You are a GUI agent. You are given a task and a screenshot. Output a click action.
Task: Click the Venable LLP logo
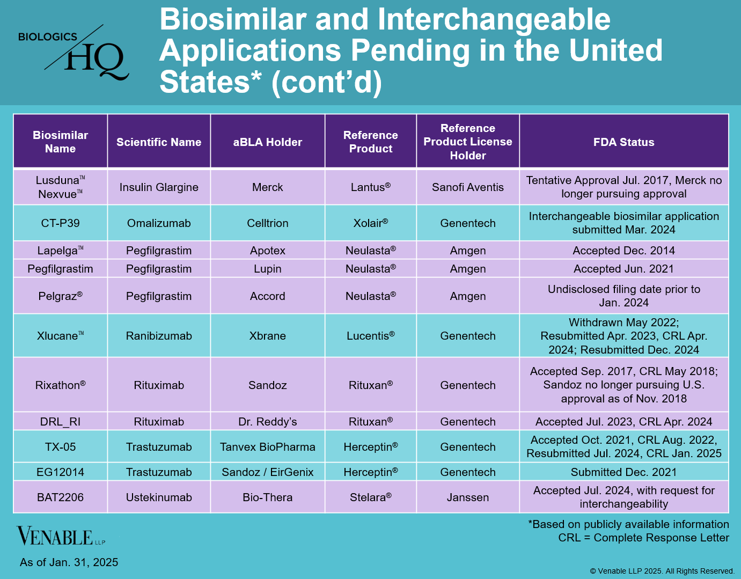pyautogui.click(x=61, y=537)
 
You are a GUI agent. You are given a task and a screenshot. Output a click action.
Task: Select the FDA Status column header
pyautogui.click(x=623, y=142)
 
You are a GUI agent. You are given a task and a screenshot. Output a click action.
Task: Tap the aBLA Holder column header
pyautogui.click(x=267, y=142)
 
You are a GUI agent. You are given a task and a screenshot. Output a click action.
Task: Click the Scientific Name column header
pyautogui.click(x=159, y=142)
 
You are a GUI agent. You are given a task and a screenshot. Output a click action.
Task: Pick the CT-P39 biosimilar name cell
pyautogui.click(x=60, y=223)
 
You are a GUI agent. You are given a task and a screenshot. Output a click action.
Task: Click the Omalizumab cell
pyautogui.click(x=159, y=223)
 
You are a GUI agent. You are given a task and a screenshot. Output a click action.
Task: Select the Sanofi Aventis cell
pyautogui.click(x=467, y=187)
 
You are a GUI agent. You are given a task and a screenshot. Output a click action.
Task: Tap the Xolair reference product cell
pyautogui.click(x=370, y=223)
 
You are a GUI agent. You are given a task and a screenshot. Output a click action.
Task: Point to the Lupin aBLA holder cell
pyautogui.click(x=267, y=269)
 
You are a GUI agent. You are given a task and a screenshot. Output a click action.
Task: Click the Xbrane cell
pyautogui.click(x=267, y=336)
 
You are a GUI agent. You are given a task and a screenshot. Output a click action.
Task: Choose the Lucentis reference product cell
pyautogui.click(x=370, y=336)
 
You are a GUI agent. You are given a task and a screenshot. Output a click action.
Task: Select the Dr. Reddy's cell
pyautogui.click(x=267, y=422)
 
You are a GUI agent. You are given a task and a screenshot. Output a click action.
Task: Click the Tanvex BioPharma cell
pyautogui.click(x=267, y=447)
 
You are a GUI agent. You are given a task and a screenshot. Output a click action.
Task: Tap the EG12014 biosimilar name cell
pyautogui.click(x=60, y=472)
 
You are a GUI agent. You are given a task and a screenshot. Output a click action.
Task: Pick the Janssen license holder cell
pyautogui.click(x=467, y=497)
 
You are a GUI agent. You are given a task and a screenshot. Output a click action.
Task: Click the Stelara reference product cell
pyautogui.click(x=370, y=497)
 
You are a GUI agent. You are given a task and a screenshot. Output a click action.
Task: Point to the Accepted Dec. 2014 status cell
pyautogui.click(x=623, y=251)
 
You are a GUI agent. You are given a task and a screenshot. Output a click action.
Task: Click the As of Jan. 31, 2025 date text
pyautogui.click(x=69, y=562)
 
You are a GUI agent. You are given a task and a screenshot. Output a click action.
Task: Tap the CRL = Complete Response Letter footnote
pyautogui.click(x=643, y=538)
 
